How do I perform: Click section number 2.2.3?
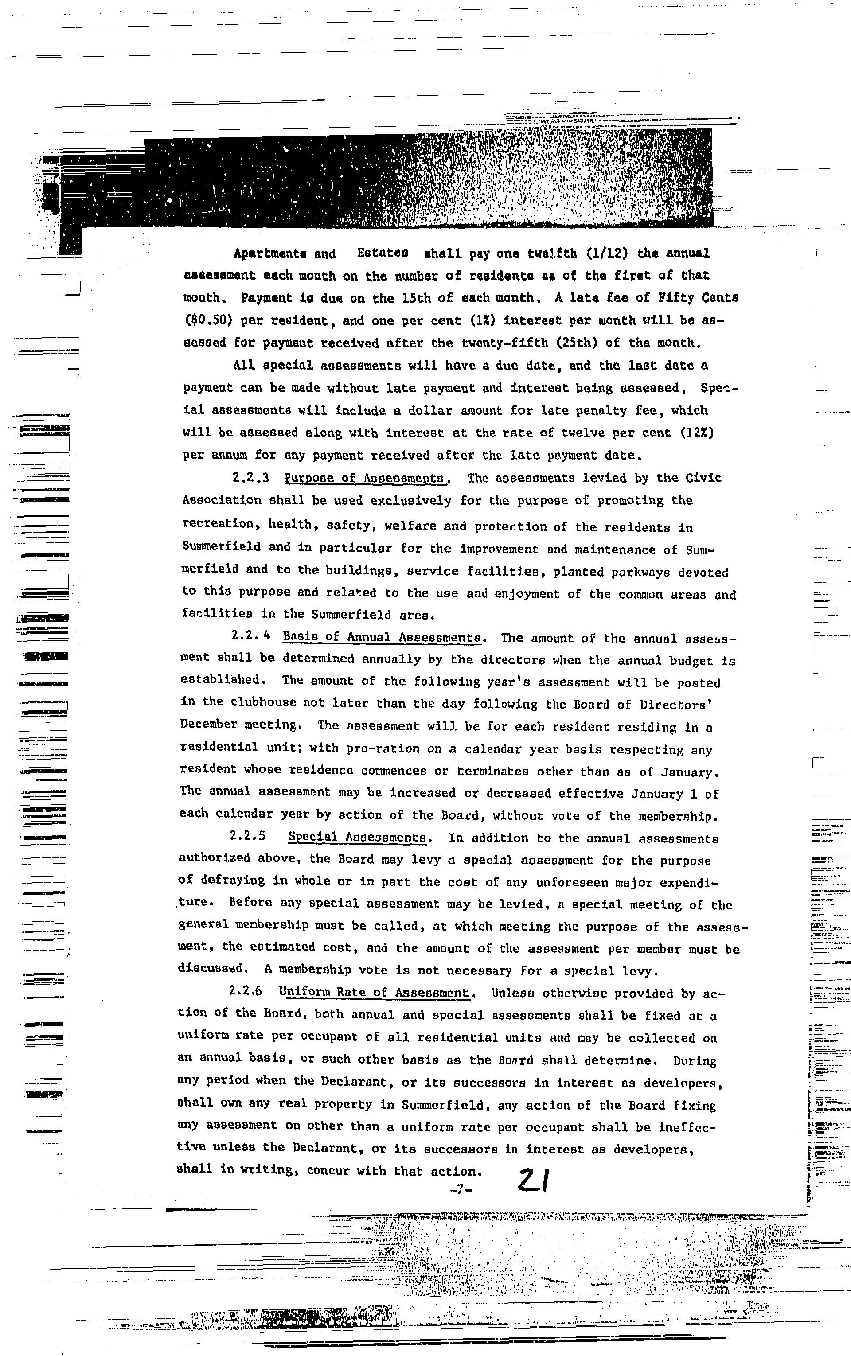(250, 478)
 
